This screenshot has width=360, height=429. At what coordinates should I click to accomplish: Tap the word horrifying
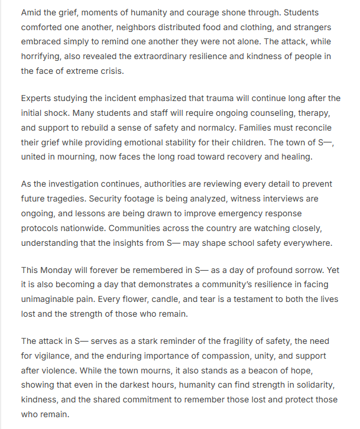[44, 57]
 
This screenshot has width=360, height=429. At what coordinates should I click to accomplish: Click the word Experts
[37, 98]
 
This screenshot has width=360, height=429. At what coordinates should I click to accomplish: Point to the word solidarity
[316, 385]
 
